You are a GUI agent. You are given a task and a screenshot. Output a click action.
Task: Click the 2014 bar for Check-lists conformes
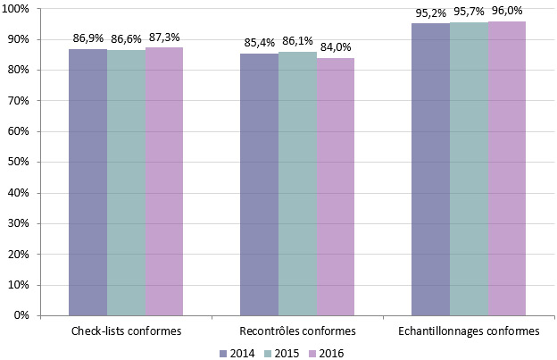87,182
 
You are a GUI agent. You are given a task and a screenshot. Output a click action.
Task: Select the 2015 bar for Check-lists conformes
126,182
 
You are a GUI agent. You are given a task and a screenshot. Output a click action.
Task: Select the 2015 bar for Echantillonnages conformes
469,169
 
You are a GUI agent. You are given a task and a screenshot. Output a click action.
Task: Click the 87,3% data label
164,38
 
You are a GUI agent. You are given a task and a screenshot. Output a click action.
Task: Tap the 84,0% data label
336,48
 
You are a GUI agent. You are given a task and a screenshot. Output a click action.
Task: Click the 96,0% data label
507,11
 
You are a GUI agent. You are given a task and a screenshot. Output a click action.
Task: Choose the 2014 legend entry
237,353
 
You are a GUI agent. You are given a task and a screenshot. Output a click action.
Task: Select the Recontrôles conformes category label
297,331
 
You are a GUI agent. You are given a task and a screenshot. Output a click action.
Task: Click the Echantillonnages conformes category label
469,331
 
